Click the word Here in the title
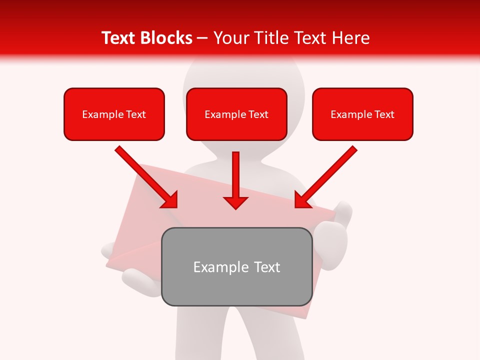(x=350, y=38)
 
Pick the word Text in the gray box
(x=266, y=267)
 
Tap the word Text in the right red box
(x=384, y=114)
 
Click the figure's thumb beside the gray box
(x=343, y=212)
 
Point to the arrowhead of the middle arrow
(x=236, y=202)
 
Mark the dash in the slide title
(x=202, y=38)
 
